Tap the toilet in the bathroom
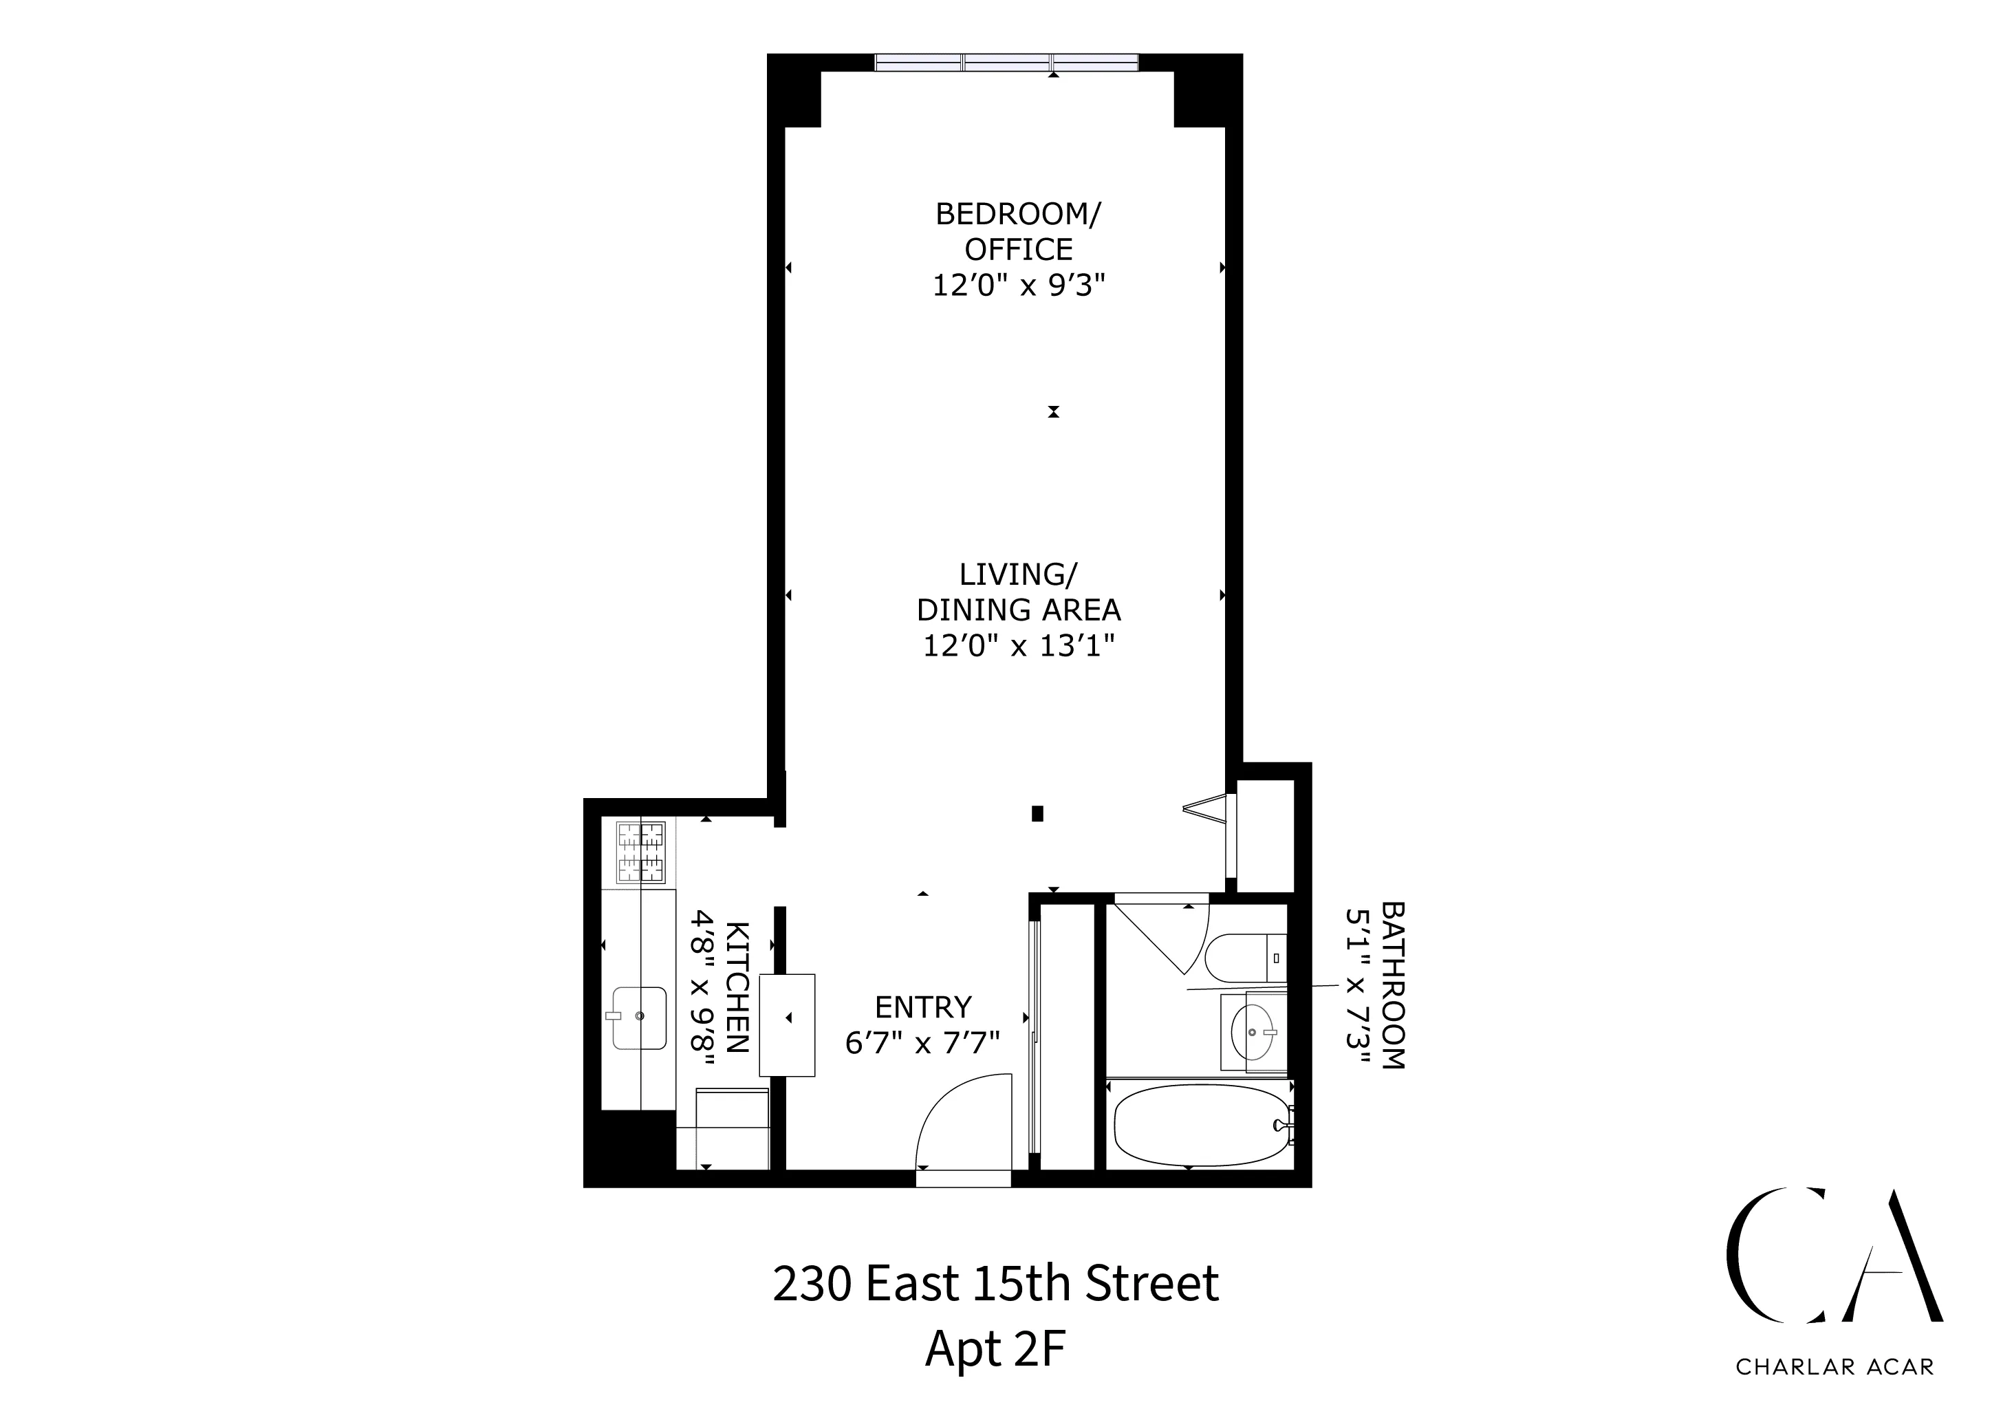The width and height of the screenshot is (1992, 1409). click(x=1242, y=958)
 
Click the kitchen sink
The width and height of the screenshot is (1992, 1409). click(x=640, y=1017)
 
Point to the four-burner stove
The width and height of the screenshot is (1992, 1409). click(x=641, y=852)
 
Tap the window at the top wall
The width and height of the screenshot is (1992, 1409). click(x=1006, y=63)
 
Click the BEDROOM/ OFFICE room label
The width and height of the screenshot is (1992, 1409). click(x=1018, y=230)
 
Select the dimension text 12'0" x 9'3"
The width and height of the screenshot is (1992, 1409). click(x=1019, y=286)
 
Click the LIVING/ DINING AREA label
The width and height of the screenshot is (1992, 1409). click(x=1019, y=592)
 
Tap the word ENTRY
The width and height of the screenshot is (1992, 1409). click(x=923, y=1007)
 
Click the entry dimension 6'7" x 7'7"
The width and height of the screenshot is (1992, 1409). click(x=923, y=1043)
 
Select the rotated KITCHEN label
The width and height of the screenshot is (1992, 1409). click(x=737, y=987)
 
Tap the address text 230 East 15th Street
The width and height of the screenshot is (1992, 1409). click(x=995, y=1284)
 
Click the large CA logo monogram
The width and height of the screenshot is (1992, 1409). click(x=1832, y=1269)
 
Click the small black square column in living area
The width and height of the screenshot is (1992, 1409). click(x=1037, y=814)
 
